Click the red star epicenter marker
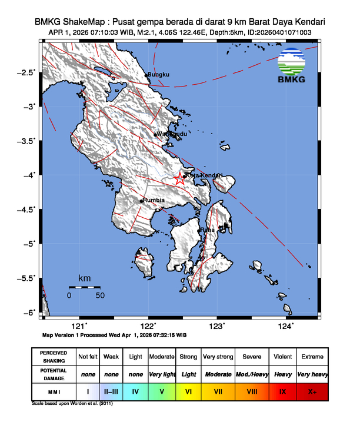click(x=179, y=180)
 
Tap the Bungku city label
click(x=158, y=75)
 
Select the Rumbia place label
click(x=154, y=200)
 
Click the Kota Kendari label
click(x=205, y=175)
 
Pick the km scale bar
click(x=84, y=287)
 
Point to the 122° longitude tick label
click(x=148, y=326)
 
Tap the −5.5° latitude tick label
click(x=27, y=278)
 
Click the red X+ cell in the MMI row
click(x=312, y=391)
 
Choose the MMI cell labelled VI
click(x=189, y=391)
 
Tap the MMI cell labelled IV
click(x=135, y=391)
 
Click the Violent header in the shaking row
click(x=282, y=357)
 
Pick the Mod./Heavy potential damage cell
click(x=252, y=374)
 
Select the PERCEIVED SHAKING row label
click(x=53, y=357)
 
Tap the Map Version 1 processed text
click(x=115, y=334)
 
